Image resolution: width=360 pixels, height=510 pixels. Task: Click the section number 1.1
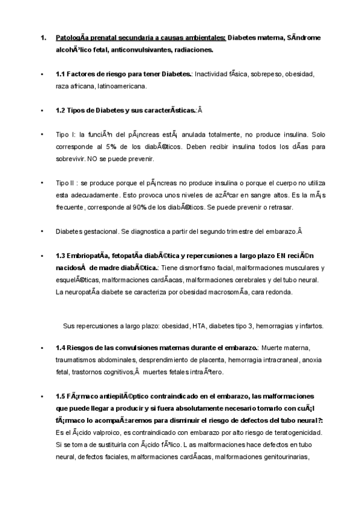61,74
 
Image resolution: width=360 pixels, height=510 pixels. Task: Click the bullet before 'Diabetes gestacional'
41,232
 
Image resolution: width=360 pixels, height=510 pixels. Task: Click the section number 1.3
61,256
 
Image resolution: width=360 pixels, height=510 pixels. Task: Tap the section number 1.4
61,348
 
